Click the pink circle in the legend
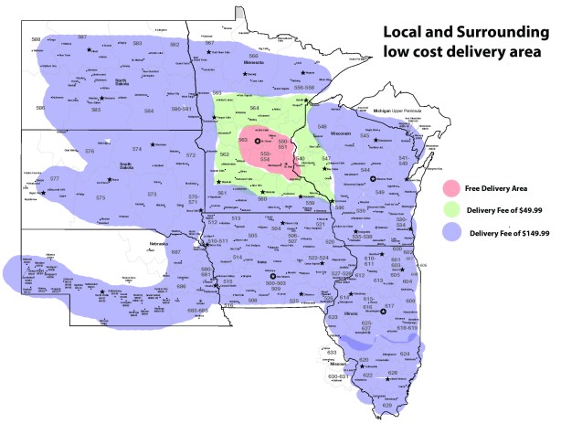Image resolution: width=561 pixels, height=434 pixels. coord(451,188)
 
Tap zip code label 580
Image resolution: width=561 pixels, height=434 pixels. coord(37,40)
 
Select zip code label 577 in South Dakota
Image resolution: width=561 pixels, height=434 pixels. coord(54,178)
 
